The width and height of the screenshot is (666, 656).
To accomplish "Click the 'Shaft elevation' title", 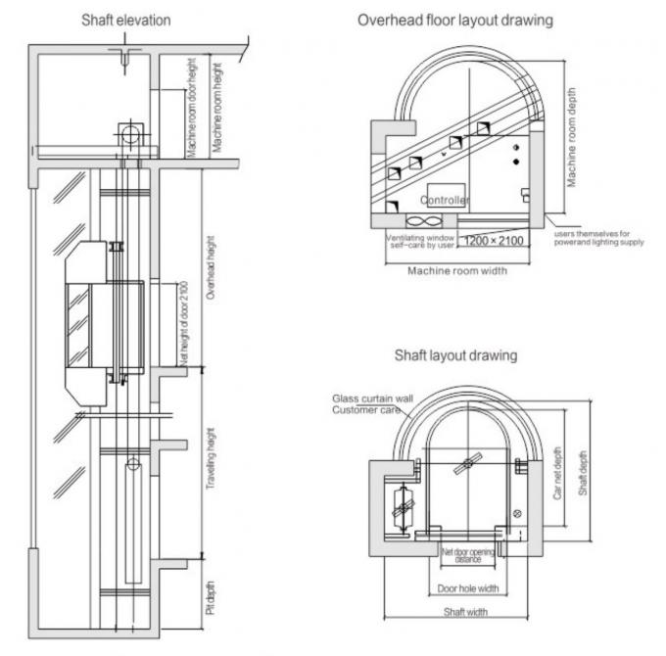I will click(125, 20).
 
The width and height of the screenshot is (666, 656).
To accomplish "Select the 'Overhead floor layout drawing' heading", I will click(454, 20).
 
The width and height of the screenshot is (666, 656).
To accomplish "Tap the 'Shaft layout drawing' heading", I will click(455, 355).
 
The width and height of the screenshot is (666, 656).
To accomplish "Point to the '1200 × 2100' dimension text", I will click(495, 241).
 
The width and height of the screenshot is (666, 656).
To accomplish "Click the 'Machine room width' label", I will click(457, 271).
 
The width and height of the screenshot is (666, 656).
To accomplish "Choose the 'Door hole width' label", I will click(467, 588).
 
